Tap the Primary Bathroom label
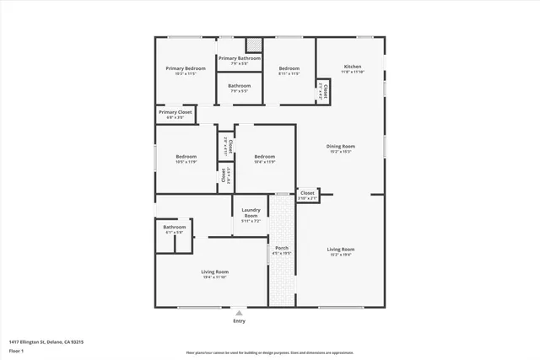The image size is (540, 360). (x=240, y=58)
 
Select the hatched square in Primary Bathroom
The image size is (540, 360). (x=253, y=46)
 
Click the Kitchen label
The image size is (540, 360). (x=352, y=67)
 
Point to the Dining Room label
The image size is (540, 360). (x=340, y=147)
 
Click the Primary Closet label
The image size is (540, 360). (x=175, y=111)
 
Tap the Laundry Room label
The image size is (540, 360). (x=251, y=212)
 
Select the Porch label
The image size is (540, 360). (x=282, y=248)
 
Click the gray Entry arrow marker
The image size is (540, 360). (x=239, y=312)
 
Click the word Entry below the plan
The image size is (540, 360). (x=239, y=321)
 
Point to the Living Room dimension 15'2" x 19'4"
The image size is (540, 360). (x=341, y=255)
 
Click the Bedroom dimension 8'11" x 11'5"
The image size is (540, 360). (x=289, y=74)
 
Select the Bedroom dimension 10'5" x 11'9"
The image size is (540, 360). (x=186, y=162)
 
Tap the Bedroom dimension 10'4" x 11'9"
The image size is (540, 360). (x=265, y=162)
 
